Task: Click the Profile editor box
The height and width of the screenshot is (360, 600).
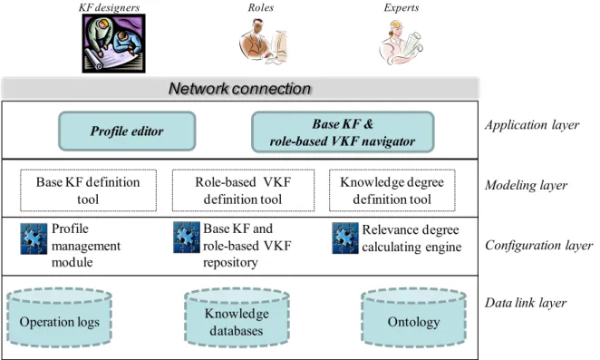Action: (x=127, y=131)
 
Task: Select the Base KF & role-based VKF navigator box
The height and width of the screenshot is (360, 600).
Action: (x=343, y=132)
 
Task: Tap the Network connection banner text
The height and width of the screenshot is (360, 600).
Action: (x=239, y=89)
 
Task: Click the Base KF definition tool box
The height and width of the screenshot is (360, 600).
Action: (x=89, y=190)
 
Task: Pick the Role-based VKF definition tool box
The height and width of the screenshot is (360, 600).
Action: (x=244, y=190)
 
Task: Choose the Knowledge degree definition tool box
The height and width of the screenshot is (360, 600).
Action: (x=392, y=190)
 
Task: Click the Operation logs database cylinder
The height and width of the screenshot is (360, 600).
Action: (x=59, y=317)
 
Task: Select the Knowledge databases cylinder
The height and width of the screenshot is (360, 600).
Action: (x=237, y=317)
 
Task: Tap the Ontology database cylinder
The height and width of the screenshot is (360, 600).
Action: (x=413, y=317)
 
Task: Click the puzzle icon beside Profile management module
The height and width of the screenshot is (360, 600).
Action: (x=34, y=238)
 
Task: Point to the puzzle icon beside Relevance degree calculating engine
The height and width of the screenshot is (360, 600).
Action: (x=345, y=238)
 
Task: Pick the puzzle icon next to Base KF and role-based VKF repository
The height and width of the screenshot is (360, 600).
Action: (x=187, y=238)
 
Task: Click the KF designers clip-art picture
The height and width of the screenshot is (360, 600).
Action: (x=114, y=44)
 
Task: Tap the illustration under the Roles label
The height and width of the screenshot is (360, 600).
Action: (x=264, y=42)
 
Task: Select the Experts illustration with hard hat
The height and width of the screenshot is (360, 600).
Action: (x=401, y=42)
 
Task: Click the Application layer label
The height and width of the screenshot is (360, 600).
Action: (x=532, y=125)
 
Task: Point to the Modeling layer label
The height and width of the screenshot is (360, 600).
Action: (x=527, y=185)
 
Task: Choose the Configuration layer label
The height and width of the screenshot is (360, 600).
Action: (x=538, y=245)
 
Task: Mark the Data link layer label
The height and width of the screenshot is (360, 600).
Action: (x=526, y=303)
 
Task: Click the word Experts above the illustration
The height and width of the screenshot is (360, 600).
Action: (x=401, y=7)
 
